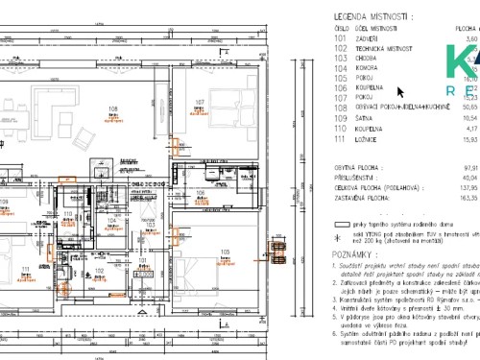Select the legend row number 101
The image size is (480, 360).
pyautogui.click(x=339, y=39)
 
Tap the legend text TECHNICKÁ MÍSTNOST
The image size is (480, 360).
pyautogui.click(x=385, y=48)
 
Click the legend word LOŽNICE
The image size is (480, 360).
pyautogui.click(x=367, y=141)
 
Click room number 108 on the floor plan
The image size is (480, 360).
pyautogui.click(x=112, y=108)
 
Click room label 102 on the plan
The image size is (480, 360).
pyautogui.click(x=99, y=272)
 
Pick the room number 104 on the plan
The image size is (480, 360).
pyautogui.click(x=111, y=219)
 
